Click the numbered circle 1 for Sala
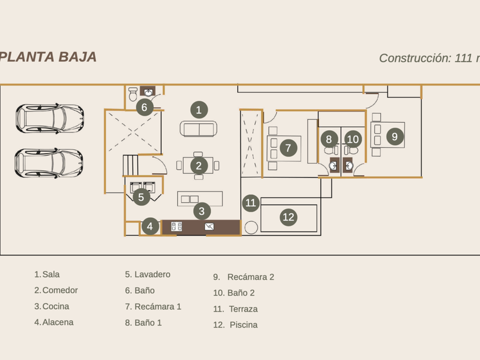(199, 110)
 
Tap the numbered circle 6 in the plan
(144, 107)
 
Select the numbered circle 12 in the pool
(289, 217)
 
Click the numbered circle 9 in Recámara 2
(394, 137)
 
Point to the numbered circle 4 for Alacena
(150, 226)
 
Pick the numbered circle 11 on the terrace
(251, 202)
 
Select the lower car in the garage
(50, 162)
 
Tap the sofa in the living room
(199, 129)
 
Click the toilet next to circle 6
(133, 92)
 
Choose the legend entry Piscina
(243, 325)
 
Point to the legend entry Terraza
(243, 309)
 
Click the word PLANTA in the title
(25, 57)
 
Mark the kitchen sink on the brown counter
(210, 227)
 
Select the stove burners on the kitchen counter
(177, 227)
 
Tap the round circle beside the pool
(251, 226)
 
